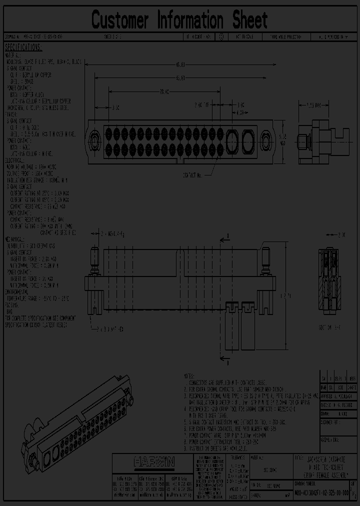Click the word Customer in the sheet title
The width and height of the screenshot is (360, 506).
(120, 20)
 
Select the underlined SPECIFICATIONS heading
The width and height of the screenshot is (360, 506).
(23, 47)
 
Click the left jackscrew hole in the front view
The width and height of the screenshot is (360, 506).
(94, 135)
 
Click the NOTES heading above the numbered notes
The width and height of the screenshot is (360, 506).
(189, 374)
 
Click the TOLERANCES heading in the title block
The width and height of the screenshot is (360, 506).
(237, 457)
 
